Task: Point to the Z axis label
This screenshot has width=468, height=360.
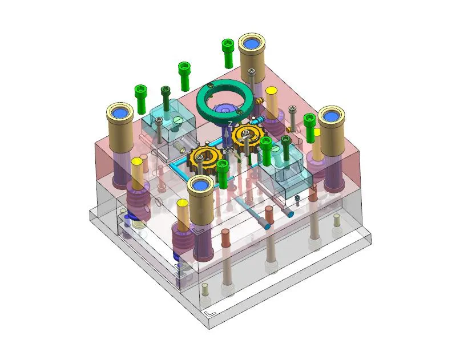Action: pos(230,124)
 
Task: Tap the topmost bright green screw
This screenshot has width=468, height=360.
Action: pos(228,51)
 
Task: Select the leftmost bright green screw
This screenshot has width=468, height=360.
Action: pos(140,98)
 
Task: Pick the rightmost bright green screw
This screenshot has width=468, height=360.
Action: pos(310,127)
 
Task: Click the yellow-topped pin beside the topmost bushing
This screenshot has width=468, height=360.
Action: pos(272,100)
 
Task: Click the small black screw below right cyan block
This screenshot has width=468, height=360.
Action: pos(297,199)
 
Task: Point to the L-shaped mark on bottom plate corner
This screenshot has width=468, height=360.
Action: pos(209,313)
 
